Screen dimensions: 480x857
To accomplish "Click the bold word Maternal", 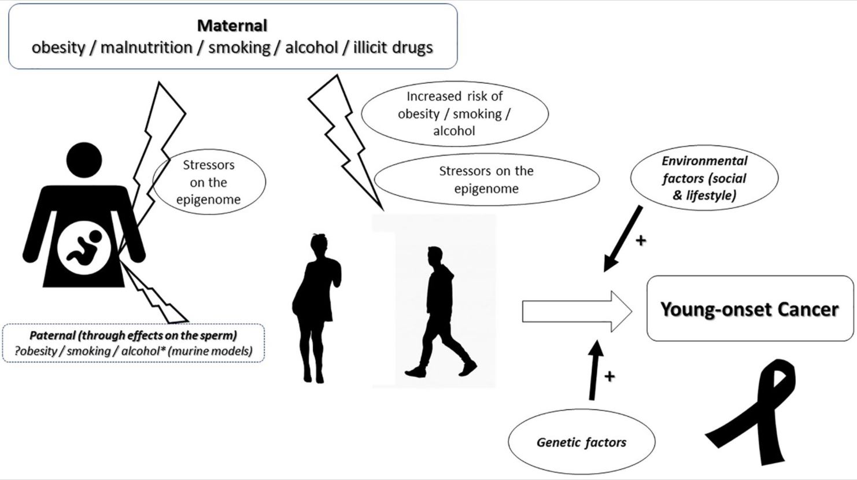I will (x=232, y=25).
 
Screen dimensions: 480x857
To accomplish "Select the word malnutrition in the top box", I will (x=146, y=47).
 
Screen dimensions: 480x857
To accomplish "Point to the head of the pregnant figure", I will (x=84, y=160).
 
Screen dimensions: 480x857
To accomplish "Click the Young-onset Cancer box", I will (x=749, y=309).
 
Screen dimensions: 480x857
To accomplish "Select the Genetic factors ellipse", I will (x=581, y=442).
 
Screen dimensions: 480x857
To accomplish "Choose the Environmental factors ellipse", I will (x=704, y=178).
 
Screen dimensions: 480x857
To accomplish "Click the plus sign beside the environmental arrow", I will (x=641, y=240).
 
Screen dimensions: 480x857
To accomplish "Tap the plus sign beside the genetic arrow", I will (x=609, y=376).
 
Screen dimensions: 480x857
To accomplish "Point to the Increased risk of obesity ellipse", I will (x=455, y=113).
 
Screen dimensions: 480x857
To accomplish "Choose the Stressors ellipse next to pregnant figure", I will (x=209, y=182).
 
